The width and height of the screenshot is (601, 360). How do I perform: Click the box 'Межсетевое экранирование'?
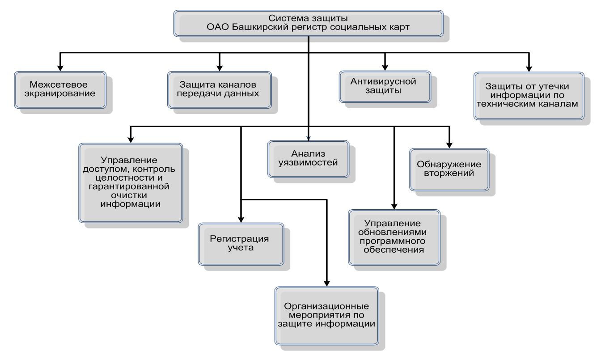click(60, 90)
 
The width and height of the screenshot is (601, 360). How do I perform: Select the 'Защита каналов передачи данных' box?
click(220, 90)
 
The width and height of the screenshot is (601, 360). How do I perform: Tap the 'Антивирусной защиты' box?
click(385, 87)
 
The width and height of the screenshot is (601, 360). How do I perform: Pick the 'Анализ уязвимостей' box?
click(308, 159)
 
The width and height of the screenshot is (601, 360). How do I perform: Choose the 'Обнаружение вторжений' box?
click(449, 169)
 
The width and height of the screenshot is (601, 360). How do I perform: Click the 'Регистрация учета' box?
click(241, 244)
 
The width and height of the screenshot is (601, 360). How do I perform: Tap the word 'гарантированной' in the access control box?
click(129, 186)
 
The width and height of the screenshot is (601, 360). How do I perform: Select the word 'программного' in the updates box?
click(393, 241)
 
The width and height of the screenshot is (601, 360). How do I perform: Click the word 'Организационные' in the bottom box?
click(326, 306)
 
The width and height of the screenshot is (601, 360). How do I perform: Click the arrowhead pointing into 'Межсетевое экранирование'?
click(60, 68)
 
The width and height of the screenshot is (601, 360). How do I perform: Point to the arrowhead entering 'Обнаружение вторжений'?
click(449, 145)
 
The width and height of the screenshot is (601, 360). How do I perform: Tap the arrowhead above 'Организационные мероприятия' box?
click(326, 283)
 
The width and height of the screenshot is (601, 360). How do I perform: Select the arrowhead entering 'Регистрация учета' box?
click(241, 220)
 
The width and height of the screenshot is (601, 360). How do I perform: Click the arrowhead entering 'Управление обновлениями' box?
click(394, 206)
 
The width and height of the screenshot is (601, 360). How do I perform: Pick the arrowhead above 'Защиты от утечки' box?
click(529, 68)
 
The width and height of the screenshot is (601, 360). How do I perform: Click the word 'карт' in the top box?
click(399, 27)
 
